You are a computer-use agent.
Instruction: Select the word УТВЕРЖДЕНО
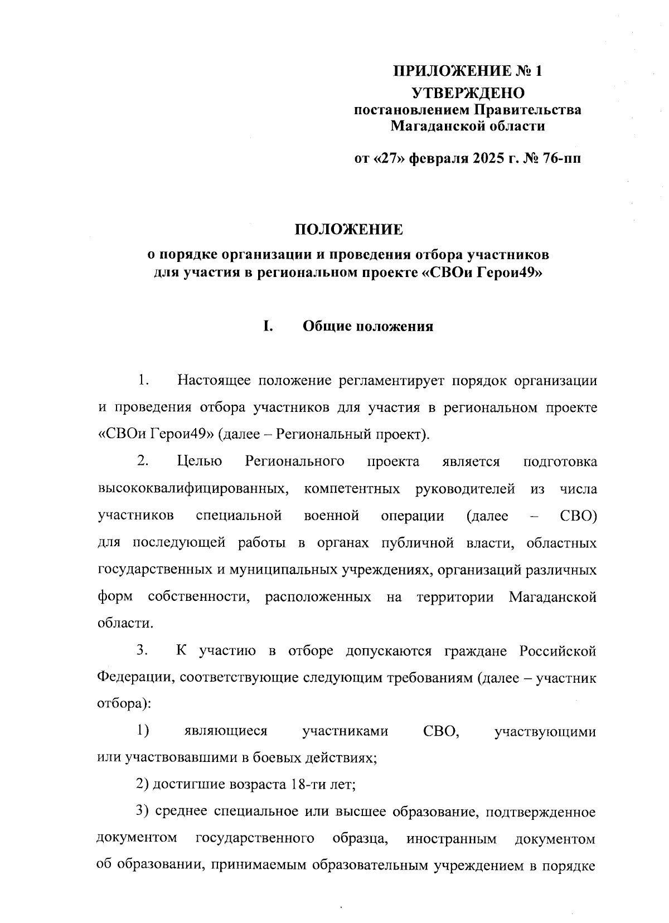[468, 93]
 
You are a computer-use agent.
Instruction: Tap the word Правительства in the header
[528, 110]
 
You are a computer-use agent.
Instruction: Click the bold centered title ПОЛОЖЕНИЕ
[348, 230]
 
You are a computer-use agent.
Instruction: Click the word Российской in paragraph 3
[558, 651]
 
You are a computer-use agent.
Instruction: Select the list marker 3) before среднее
[143, 813]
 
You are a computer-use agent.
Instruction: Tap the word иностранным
[452, 839]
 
